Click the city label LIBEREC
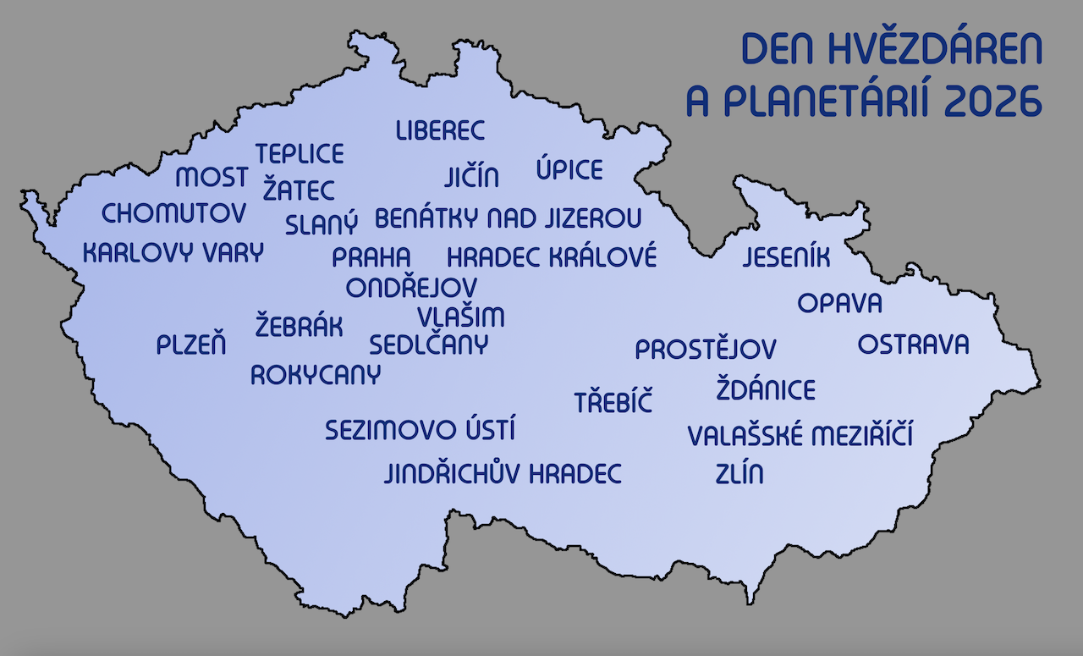[x=440, y=131]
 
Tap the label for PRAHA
[x=371, y=256]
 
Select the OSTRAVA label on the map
[x=913, y=345]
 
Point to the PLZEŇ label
[x=191, y=345]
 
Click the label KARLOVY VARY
[x=173, y=252]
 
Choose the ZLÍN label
[x=739, y=473]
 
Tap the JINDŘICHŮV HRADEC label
[x=503, y=473]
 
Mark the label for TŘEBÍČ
[x=613, y=402]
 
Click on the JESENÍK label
[x=786, y=257]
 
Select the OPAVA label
[x=839, y=303]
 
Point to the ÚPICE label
[x=569, y=169]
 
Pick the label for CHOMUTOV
[x=173, y=213]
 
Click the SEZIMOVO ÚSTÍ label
[x=421, y=429]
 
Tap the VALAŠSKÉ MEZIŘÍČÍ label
[x=800, y=436]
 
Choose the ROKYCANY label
[x=316, y=374]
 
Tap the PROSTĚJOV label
[x=706, y=348]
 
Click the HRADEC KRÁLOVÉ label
[x=552, y=256]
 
